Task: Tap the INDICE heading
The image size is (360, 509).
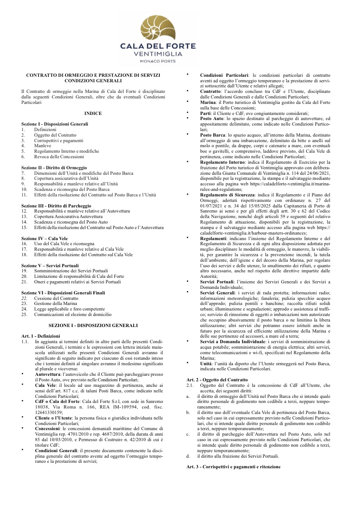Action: point(93,113)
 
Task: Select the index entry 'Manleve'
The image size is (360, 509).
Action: point(43,145)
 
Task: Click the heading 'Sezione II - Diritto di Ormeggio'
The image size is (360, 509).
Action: point(54,168)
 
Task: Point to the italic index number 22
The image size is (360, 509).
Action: point(24,298)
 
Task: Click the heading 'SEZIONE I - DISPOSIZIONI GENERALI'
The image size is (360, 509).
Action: point(93,325)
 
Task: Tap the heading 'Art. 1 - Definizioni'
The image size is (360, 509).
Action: point(40,336)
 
